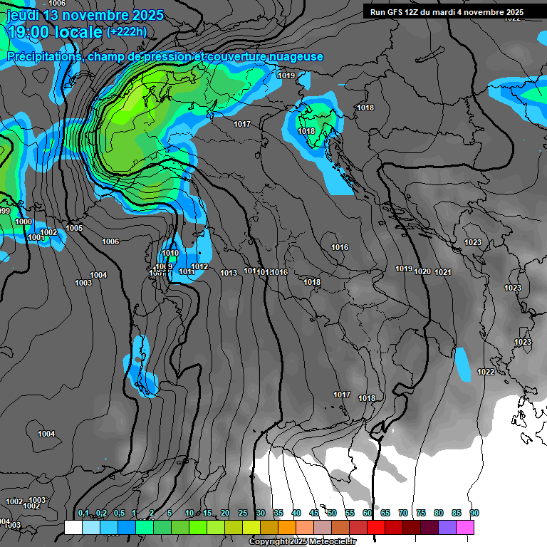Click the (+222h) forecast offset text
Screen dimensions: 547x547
pyautogui.click(x=126, y=31)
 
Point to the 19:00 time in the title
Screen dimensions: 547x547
pyautogui.click(x=28, y=31)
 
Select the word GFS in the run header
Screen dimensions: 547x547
pyautogui.click(x=395, y=12)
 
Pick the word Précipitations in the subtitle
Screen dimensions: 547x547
pyautogui.click(x=44, y=57)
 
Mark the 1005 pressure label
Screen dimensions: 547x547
pyautogui.click(x=74, y=229)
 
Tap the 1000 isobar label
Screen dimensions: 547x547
pyautogui.click(x=24, y=222)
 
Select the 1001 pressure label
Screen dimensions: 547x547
pyautogui.click(x=36, y=237)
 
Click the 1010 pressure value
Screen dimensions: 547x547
pyautogui.click(x=170, y=254)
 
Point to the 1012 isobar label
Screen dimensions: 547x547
pyautogui.click(x=199, y=267)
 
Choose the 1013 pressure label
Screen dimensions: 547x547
pyautogui.click(x=229, y=273)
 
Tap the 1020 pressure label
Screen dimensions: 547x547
pyautogui.click(x=422, y=271)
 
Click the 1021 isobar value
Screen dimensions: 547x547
pyautogui.click(x=443, y=272)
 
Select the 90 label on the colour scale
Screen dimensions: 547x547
pyautogui.click(x=474, y=514)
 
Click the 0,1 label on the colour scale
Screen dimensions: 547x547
pyautogui.click(x=83, y=514)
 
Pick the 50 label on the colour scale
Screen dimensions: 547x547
pyautogui.click(x=332, y=514)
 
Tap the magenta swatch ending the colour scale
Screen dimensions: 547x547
pyautogui.click(x=465, y=527)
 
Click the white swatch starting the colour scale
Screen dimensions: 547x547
pyautogui.click(x=73, y=527)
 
